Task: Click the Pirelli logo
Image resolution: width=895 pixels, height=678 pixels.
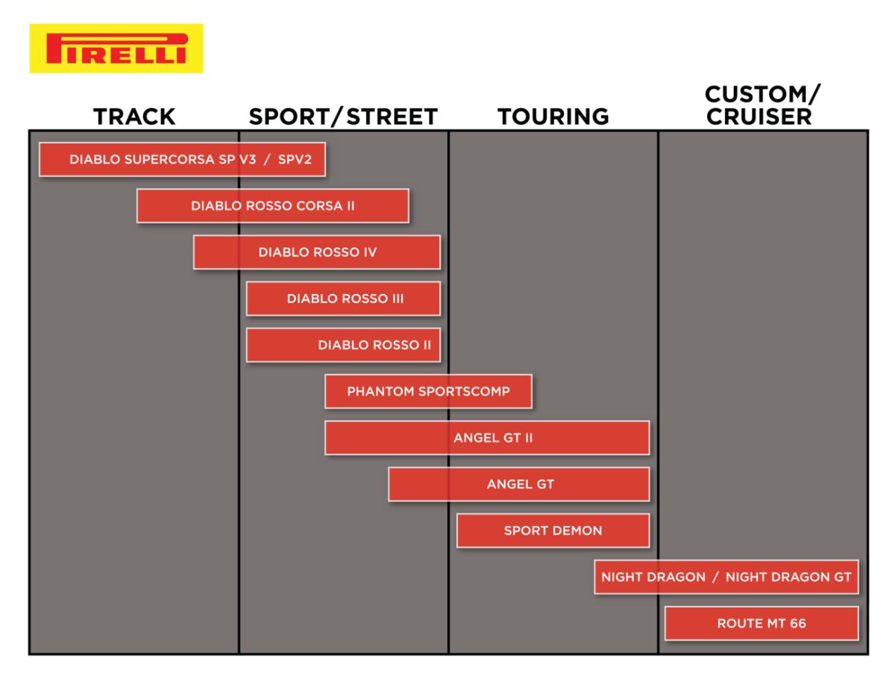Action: coord(116,48)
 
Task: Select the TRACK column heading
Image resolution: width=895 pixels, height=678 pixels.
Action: coord(134,116)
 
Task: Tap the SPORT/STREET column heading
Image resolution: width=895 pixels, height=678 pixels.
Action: coord(343,116)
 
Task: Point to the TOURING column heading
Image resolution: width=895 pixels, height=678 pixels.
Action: coord(553,116)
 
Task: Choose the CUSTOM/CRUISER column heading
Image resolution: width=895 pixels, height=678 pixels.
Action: coord(762,106)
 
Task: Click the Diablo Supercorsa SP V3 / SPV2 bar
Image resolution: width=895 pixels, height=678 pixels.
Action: coord(182,160)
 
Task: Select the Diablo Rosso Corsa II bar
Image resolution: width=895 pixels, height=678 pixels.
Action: coord(273,206)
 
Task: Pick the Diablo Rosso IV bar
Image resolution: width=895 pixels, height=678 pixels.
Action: coord(317,252)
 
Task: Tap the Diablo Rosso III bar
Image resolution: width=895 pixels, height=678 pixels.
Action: coord(343,298)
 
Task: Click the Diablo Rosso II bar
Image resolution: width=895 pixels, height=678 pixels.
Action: coord(343,345)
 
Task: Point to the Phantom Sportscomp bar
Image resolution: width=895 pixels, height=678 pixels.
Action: coord(429,392)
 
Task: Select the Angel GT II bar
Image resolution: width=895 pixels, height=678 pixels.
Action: coord(487,438)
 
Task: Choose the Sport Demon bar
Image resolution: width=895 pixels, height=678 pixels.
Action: coord(553,530)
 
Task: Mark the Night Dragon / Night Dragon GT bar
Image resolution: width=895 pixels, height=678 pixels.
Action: coord(726,577)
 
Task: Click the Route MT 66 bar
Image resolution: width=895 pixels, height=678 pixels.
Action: coord(761,624)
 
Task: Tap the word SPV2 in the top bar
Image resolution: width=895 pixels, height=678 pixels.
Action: coord(295,160)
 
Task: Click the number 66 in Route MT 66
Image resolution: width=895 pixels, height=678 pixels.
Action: coord(798,624)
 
